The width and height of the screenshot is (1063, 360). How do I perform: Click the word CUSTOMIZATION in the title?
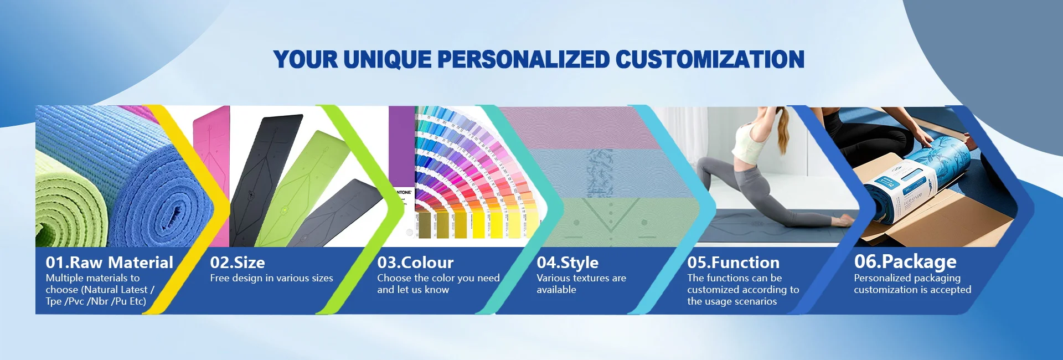[710, 60]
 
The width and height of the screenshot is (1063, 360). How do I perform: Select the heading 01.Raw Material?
[110, 263]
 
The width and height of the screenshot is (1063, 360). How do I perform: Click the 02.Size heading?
[238, 263]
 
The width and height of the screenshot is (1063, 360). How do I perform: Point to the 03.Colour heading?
[415, 263]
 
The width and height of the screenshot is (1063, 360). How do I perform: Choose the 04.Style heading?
[567, 263]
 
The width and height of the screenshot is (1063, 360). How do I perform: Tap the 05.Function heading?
[733, 263]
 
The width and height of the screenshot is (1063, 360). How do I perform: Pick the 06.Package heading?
[905, 261]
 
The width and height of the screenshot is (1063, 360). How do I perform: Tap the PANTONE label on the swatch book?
[405, 192]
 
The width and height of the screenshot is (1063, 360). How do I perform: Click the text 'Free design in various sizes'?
[271, 278]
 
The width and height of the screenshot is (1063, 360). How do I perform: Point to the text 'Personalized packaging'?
[907, 278]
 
